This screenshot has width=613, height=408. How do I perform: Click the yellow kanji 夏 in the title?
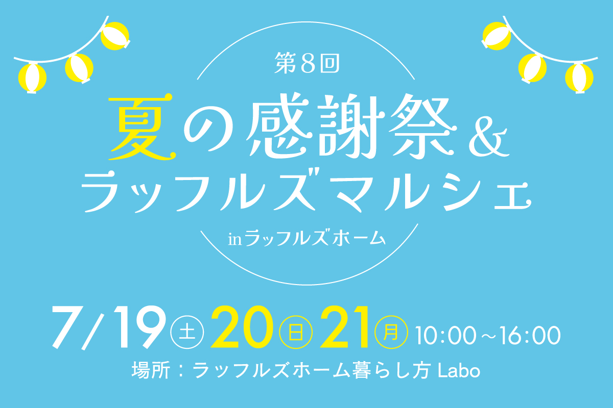tap(142, 127)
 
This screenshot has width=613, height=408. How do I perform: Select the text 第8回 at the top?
tap(307, 63)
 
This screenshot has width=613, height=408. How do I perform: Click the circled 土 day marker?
tap(187, 333)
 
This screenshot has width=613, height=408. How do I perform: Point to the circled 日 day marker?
tap(296, 333)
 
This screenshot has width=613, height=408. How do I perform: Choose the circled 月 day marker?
tap(391, 333)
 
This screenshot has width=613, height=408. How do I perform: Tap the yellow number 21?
tap(344, 327)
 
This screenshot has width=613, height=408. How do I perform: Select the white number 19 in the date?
tap(139, 327)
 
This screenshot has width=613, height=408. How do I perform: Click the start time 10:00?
tap(446, 335)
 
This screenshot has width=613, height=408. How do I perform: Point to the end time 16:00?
tap(531, 335)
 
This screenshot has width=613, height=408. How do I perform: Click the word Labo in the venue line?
tap(459, 370)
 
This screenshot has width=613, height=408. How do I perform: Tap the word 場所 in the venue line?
tap(151, 370)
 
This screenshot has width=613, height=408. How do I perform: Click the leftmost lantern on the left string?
tap(32, 79)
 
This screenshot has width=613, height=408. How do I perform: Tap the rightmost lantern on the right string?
tap(579, 79)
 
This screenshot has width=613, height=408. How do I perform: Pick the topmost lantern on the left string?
tap(115, 36)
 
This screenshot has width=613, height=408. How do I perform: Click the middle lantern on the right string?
tap(532, 68)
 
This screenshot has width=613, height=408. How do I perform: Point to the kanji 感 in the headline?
tap(280, 125)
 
